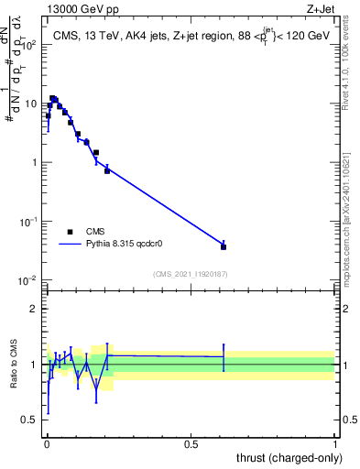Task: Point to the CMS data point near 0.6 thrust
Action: tap(224, 246)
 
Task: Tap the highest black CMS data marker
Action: tap(53, 98)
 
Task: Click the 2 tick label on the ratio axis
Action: tap(33, 309)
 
